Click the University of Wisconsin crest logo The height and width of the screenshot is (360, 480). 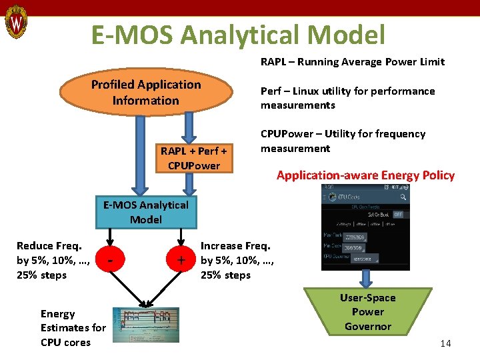point(16,23)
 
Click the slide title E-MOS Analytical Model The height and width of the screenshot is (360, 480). point(238,35)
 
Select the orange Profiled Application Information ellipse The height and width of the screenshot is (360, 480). point(146,93)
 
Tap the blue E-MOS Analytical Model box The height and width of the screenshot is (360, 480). point(145,212)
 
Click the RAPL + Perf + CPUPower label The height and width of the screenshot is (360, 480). point(193,158)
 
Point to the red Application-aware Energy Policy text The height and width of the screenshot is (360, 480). point(365,175)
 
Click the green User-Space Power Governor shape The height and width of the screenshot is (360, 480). point(367,312)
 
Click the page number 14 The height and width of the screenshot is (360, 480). point(445,343)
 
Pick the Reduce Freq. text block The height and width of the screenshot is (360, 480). point(48,261)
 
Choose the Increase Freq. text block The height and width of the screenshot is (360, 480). point(234,261)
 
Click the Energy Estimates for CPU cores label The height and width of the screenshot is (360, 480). point(73,328)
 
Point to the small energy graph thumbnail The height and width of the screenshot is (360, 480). point(145,325)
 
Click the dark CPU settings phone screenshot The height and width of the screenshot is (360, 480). point(365,227)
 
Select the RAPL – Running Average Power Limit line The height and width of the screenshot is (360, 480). point(352,62)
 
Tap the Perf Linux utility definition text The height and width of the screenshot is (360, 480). point(347,98)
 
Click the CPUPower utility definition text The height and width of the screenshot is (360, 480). point(343,141)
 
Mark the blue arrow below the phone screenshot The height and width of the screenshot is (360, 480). point(366,278)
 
